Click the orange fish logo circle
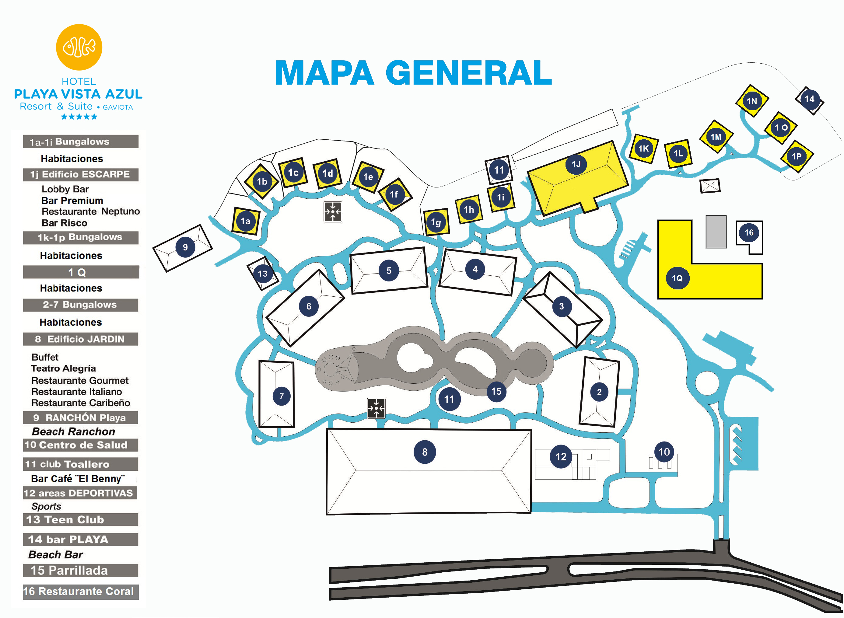tap(79, 47)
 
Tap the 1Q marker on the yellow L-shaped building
tap(677, 278)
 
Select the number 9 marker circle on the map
tap(185, 247)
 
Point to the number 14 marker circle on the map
tap(809, 99)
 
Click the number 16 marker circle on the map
tap(749, 233)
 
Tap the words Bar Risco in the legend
tap(64, 223)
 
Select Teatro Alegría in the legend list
tap(63, 368)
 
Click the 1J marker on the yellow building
tap(576, 164)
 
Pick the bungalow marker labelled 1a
tap(245, 221)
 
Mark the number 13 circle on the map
tap(263, 274)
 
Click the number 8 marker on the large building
tap(425, 452)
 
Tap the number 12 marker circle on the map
tap(560, 456)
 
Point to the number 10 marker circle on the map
tap(664, 452)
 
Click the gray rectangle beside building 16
tap(716, 232)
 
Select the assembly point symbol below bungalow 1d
tap(333, 212)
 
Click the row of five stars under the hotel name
tap(79, 117)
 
